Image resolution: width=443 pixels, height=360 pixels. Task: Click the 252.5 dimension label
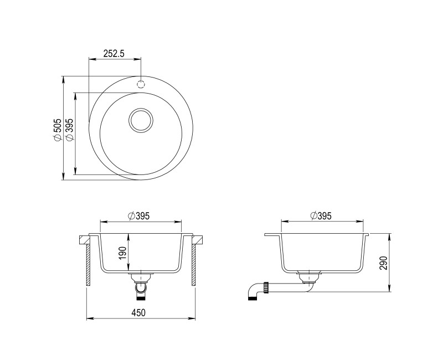[115, 54]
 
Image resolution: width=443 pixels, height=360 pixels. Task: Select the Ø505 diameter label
[56, 131]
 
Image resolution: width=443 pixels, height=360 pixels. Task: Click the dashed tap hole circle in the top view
[141, 84]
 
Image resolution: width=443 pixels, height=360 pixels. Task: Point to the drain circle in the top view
[141, 120]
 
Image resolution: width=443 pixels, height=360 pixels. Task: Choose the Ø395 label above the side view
[321, 215]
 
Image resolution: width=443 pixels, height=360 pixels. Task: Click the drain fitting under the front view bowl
[141, 280]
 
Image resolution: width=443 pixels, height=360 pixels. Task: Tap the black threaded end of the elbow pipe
[255, 297]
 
